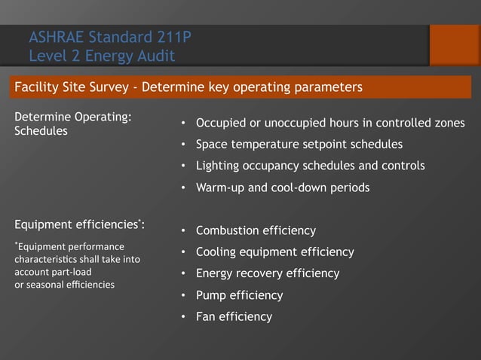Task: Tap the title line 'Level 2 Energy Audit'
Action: pos(102,55)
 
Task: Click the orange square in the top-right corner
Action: pos(454,44)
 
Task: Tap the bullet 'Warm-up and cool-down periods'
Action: pos(283,188)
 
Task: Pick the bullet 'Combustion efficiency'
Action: pos(256,230)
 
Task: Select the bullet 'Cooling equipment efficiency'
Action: pos(274,252)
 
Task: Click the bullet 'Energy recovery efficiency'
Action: pos(268,273)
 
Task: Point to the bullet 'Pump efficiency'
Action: pos(239,295)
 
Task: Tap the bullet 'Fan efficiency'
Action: pos(234,317)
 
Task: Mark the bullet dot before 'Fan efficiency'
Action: pos(183,317)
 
